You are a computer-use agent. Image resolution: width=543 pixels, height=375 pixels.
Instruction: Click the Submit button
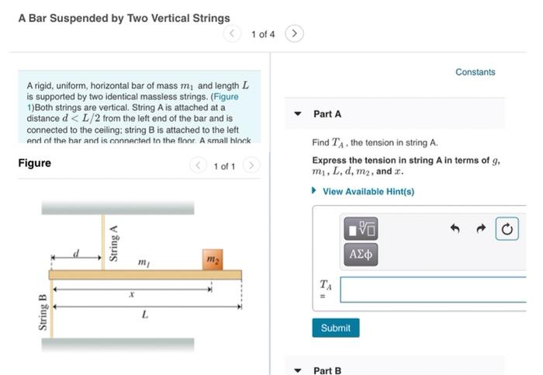tap(335, 328)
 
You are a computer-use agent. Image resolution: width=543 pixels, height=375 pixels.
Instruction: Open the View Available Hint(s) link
tap(368, 191)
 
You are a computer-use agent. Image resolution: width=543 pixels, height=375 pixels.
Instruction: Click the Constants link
tap(475, 72)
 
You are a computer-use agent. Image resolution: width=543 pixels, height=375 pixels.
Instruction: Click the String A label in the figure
tap(114, 243)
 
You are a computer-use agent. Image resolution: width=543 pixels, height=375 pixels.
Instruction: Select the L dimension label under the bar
tap(145, 314)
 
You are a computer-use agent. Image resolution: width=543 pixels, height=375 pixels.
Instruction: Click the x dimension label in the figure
tap(131, 295)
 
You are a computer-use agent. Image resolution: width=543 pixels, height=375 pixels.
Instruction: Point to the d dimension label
tap(76, 252)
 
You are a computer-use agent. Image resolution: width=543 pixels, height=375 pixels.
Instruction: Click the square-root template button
tap(361, 228)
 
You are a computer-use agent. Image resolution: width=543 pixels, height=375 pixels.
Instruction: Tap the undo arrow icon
tap(456, 229)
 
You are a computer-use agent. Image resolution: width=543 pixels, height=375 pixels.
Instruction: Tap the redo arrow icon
tap(481, 229)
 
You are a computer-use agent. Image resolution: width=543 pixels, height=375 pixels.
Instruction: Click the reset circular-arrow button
tap(507, 229)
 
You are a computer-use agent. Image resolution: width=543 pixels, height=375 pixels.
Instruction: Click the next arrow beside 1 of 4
tap(294, 33)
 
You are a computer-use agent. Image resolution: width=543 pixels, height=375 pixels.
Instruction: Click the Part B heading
tap(327, 370)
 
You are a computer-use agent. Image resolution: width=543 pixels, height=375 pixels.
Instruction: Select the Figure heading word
tap(35, 163)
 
